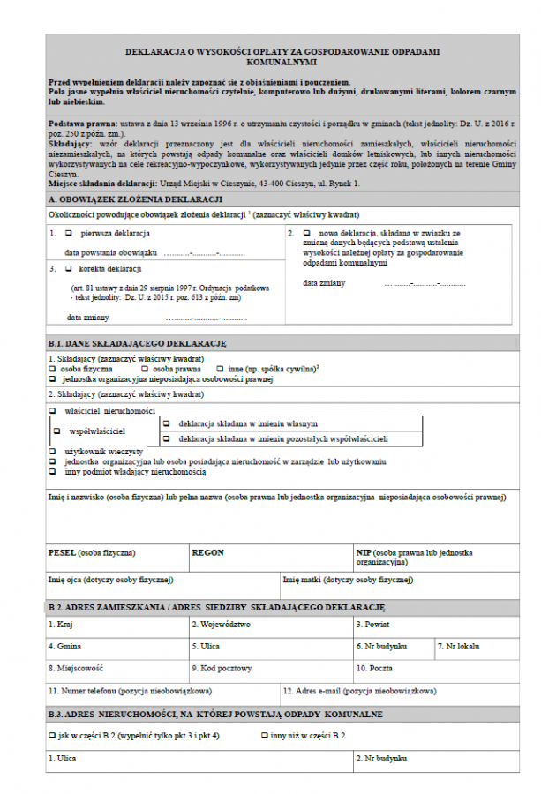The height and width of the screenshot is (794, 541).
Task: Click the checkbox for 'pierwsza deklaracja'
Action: pos(69,234)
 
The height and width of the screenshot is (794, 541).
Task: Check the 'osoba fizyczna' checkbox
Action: pos(52,369)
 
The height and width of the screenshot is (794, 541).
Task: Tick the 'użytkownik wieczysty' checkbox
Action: pos(52,452)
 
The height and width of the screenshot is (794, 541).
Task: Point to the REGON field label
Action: pos(208,552)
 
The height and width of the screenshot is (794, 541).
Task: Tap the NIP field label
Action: pos(364,552)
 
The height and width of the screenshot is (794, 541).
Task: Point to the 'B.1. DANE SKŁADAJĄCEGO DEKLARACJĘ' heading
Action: pos(137,343)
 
